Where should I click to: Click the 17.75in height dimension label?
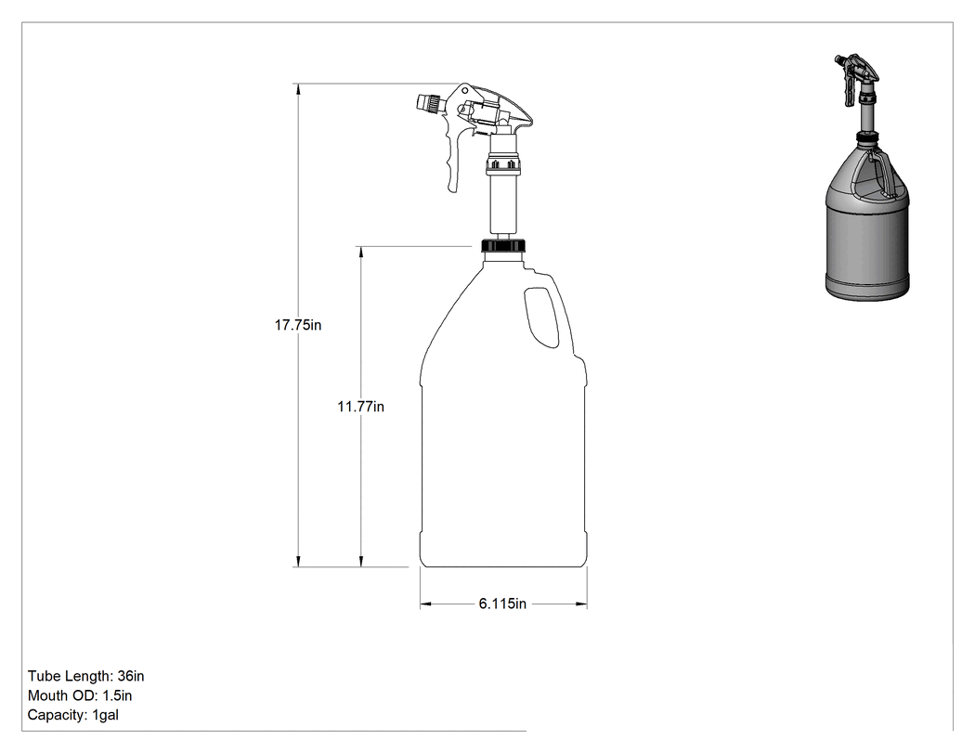[x=298, y=325]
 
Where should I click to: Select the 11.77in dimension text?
[x=360, y=406]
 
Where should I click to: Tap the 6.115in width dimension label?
[x=502, y=604]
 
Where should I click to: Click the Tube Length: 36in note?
[x=85, y=676]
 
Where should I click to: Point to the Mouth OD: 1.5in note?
[x=80, y=695]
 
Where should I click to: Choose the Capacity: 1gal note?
[x=72, y=714]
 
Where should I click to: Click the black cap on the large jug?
[x=503, y=244]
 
